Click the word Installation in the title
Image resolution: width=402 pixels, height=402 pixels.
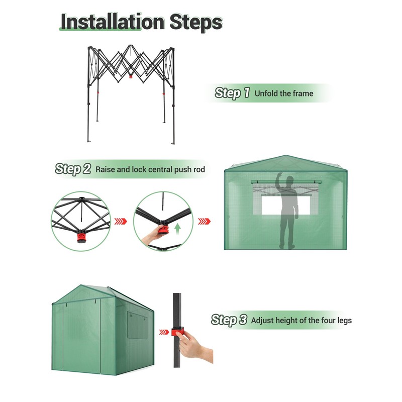(x=113, y=22)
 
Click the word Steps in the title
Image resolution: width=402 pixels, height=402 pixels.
(x=196, y=22)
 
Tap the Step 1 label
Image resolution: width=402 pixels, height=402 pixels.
(x=232, y=93)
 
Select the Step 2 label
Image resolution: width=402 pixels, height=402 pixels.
(x=73, y=169)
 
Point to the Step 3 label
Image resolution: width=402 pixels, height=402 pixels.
(x=229, y=320)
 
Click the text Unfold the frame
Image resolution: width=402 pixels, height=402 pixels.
(x=284, y=93)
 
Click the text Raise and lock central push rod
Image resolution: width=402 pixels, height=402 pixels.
(x=150, y=169)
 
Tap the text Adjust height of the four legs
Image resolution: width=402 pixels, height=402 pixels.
(x=301, y=321)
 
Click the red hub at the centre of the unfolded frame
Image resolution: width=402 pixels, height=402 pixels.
(x=131, y=76)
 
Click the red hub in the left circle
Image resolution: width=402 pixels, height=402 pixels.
(x=82, y=237)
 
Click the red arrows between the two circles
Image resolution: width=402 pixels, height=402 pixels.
(x=121, y=221)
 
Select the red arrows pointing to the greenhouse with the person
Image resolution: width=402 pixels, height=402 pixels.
(x=204, y=221)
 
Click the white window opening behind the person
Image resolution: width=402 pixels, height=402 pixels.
(x=285, y=206)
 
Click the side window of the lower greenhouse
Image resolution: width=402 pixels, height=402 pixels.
(x=137, y=326)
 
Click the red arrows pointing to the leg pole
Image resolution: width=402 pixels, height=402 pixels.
(x=164, y=332)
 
